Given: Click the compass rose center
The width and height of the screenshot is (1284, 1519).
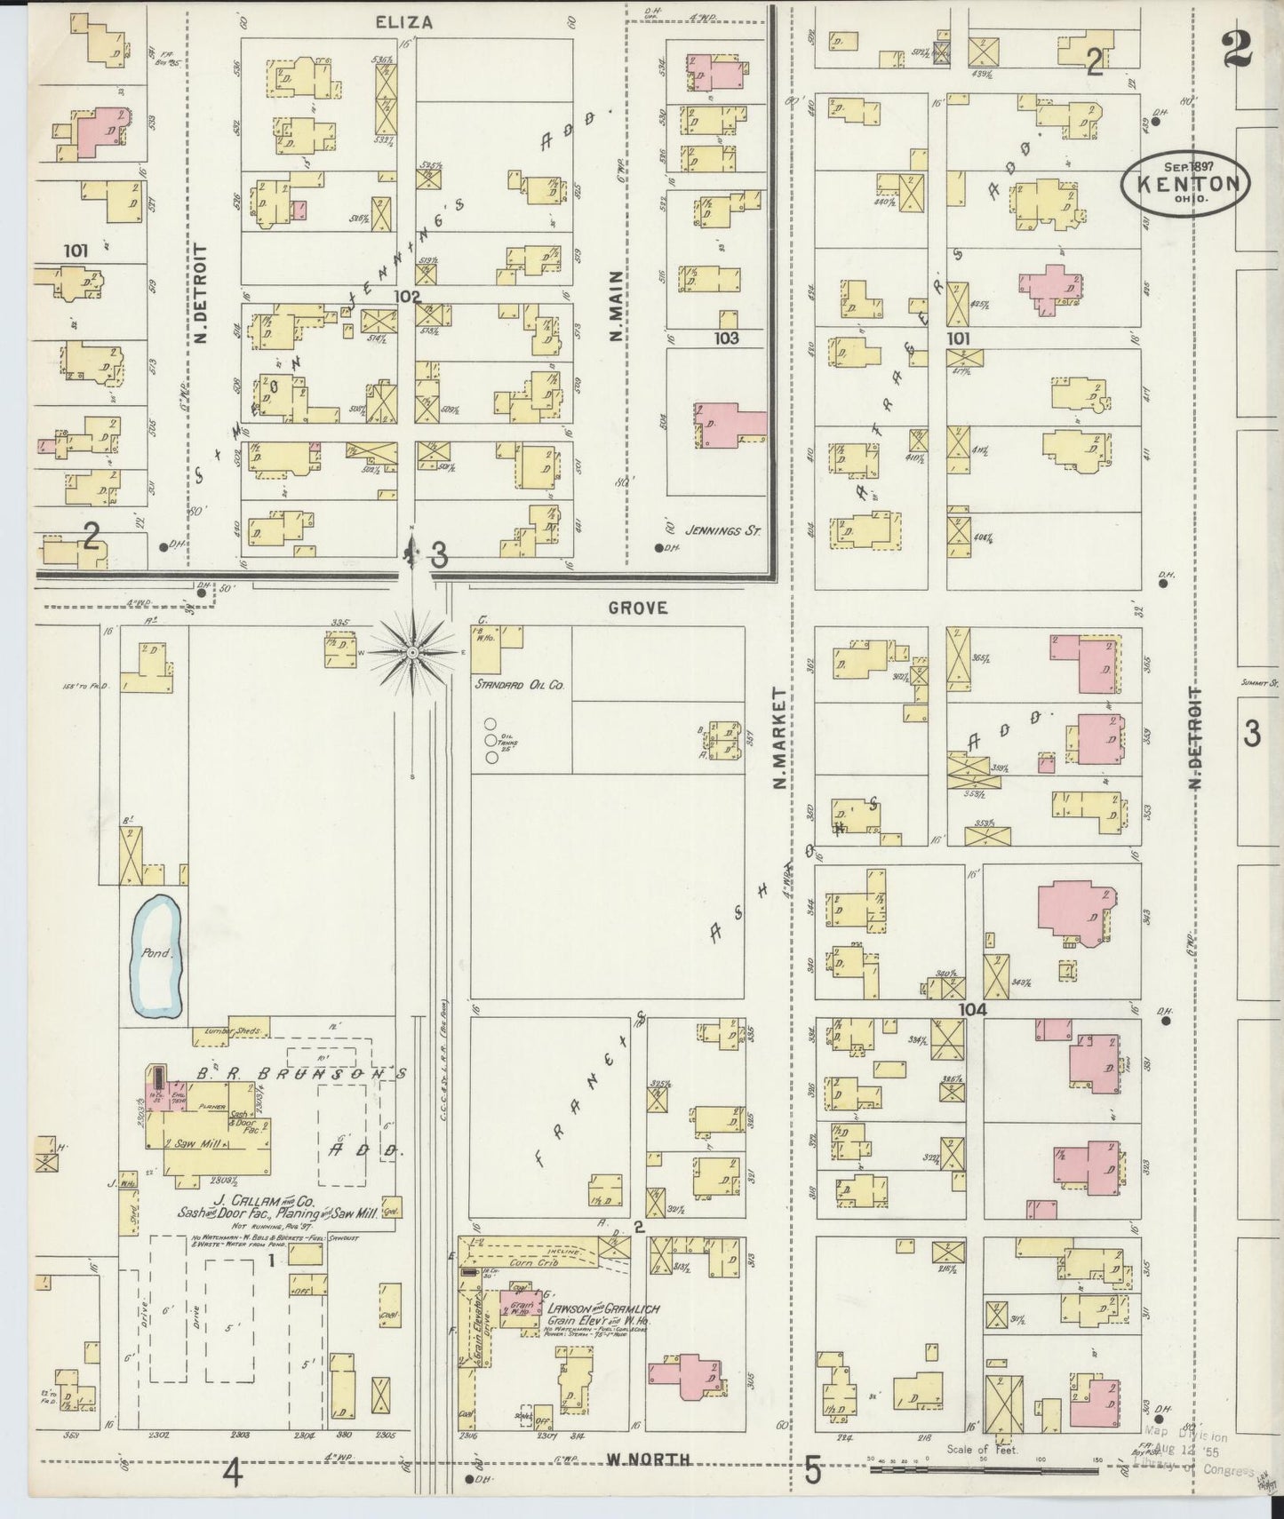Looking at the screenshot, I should [413, 653].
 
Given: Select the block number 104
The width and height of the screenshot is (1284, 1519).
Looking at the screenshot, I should [973, 1009].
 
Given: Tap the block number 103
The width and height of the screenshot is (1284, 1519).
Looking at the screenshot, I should [726, 338].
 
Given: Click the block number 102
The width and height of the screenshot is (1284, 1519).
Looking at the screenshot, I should [408, 295].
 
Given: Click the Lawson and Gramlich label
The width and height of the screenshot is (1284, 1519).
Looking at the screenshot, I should [607, 1308].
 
